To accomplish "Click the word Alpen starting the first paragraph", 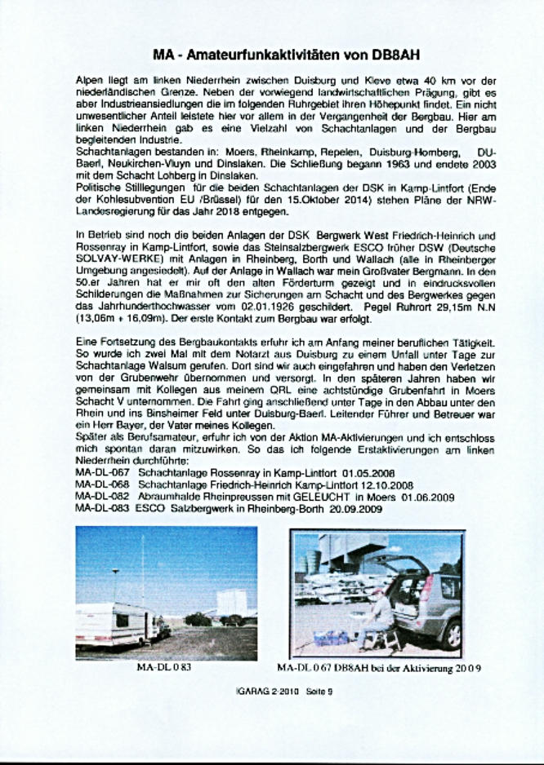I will click(87, 81).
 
